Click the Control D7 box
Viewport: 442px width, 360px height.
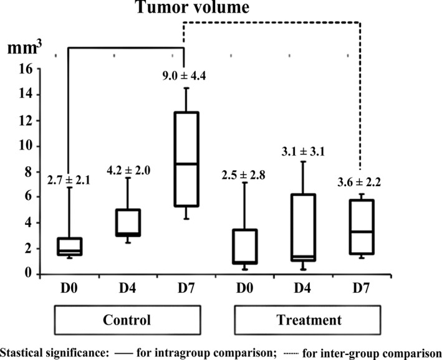(x=184, y=159)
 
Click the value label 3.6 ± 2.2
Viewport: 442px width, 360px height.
(x=358, y=183)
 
